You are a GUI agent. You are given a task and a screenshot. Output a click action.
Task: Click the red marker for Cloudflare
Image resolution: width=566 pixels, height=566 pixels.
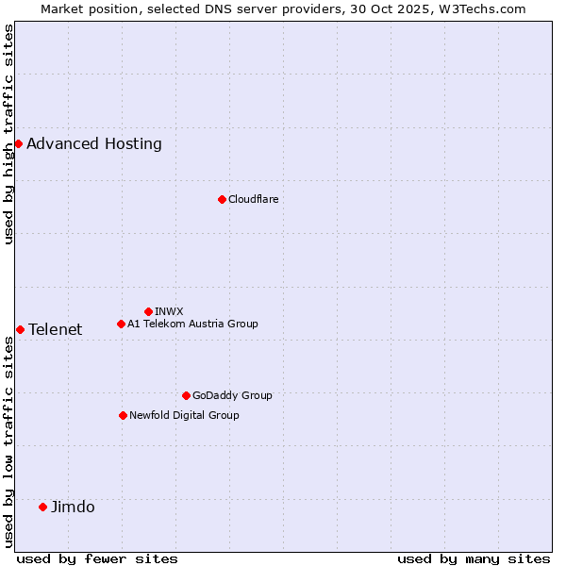pos(222,199)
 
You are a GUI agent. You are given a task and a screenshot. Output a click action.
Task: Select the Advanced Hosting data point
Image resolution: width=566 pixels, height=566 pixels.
pos(18,143)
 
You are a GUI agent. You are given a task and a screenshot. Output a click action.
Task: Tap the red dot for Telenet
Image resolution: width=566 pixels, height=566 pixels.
pos(20,329)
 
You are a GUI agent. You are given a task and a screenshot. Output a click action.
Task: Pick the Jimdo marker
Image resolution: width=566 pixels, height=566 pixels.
pos(42,507)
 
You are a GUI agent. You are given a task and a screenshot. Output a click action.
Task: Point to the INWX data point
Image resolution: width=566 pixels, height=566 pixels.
pos(148,311)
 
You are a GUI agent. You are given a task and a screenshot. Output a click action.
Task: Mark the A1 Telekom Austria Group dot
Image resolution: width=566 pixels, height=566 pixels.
pos(121,324)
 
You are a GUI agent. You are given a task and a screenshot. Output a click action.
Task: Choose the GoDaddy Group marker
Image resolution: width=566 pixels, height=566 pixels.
pos(186,395)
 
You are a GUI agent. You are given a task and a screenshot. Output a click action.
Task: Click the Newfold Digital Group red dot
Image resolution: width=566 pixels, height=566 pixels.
pos(123,415)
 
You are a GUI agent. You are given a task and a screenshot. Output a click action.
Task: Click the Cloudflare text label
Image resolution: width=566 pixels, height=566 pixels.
pos(253,199)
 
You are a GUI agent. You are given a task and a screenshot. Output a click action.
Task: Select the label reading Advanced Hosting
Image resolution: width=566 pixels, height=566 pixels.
pos(94,143)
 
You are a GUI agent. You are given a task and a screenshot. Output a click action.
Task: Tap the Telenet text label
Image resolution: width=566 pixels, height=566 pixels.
pos(55,329)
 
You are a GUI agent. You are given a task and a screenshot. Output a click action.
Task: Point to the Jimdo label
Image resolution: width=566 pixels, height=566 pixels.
pos(73,507)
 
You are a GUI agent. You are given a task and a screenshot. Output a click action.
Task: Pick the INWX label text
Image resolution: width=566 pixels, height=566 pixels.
pos(169,311)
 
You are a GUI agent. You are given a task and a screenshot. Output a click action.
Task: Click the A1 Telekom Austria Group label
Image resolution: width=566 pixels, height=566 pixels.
pos(192,324)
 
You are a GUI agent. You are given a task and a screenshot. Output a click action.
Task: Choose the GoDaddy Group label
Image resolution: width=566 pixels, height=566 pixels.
pos(232,395)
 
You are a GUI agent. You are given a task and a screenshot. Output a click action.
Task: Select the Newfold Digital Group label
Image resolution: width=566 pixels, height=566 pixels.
pos(184,415)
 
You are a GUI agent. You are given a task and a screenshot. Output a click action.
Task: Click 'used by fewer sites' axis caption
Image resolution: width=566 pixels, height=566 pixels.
pos(97,558)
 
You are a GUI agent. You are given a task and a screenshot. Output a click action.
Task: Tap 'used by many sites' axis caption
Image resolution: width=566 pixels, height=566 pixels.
pos(474,558)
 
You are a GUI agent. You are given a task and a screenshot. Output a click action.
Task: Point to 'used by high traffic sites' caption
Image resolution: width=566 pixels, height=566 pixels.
pos(8,134)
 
